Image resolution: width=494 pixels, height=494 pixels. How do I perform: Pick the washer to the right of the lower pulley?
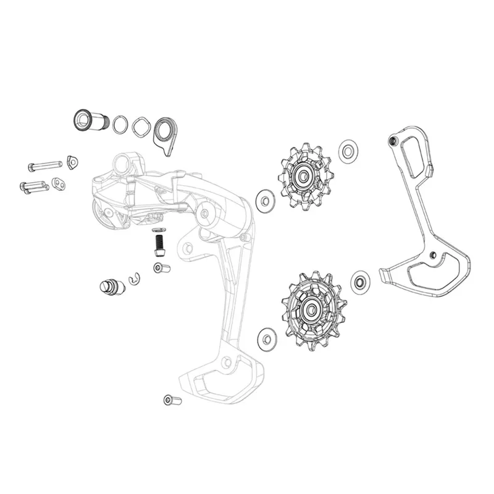(359, 282)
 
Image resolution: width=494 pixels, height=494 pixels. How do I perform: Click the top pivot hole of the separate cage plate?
(391, 142)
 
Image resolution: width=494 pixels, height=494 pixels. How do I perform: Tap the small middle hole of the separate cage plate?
(433, 255)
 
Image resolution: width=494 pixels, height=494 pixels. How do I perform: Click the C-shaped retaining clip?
(135, 280)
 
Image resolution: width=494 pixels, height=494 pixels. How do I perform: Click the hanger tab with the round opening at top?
(164, 131)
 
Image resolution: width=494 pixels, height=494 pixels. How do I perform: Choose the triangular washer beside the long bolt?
(72, 162)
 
